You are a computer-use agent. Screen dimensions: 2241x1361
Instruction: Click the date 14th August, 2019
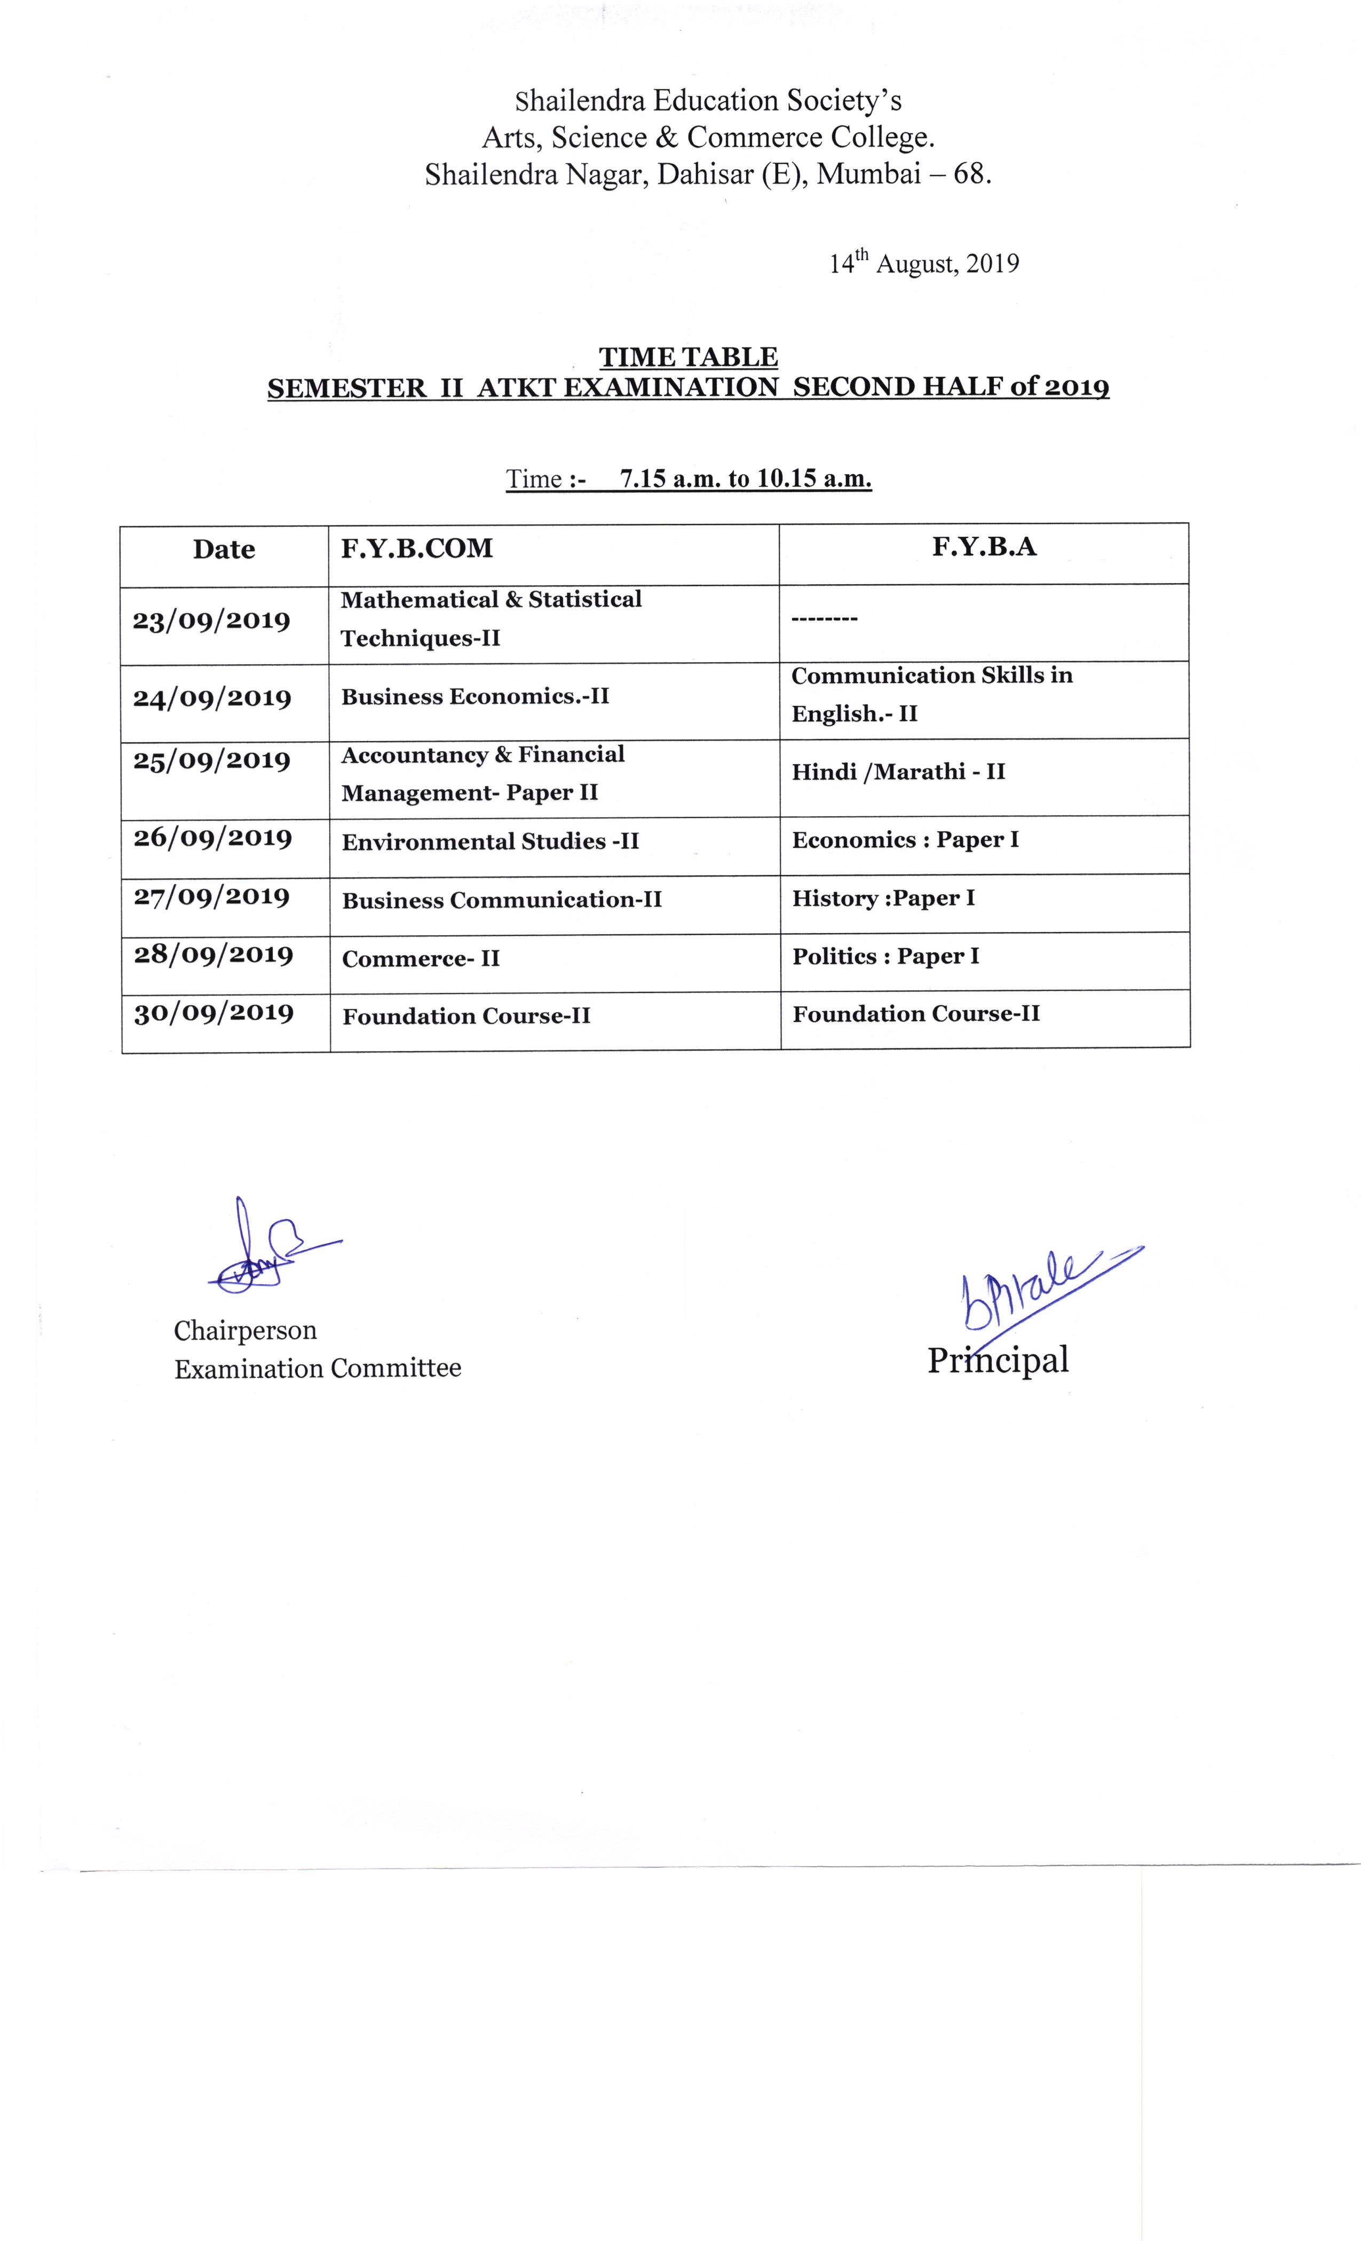(923, 264)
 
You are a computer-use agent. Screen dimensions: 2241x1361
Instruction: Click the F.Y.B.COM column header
(417, 549)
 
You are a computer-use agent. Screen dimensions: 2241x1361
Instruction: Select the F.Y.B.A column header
(984, 546)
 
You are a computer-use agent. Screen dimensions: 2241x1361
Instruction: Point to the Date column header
(224, 550)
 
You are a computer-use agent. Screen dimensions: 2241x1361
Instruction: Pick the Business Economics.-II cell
(475, 697)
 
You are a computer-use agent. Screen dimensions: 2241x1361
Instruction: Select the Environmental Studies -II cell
(490, 842)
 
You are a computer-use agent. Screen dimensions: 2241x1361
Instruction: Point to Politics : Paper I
(885, 956)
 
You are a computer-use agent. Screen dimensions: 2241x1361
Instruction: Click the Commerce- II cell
(421, 959)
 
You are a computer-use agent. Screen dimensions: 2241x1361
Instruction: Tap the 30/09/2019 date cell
(214, 1013)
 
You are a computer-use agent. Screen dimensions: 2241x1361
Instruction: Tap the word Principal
(997, 1361)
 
